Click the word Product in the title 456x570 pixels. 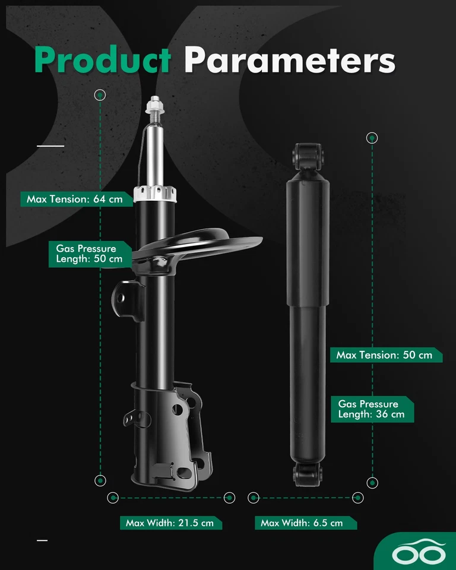click(x=103, y=59)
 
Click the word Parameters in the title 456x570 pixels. click(x=289, y=61)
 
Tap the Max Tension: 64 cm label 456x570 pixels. click(x=74, y=199)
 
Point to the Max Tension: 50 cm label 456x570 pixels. click(x=384, y=355)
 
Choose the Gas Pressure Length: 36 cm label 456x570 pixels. click(x=371, y=409)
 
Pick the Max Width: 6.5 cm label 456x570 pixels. click(x=302, y=523)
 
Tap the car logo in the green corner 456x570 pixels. click(x=418, y=553)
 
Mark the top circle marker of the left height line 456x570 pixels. click(x=100, y=94)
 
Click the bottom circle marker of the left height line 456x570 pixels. click(x=100, y=480)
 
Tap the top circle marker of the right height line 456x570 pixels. click(x=372, y=138)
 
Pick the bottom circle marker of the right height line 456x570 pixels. click(x=372, y=483)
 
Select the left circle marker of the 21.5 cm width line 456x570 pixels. click(x=113, y=498)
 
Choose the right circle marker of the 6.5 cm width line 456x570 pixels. click(x=357, y=498)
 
